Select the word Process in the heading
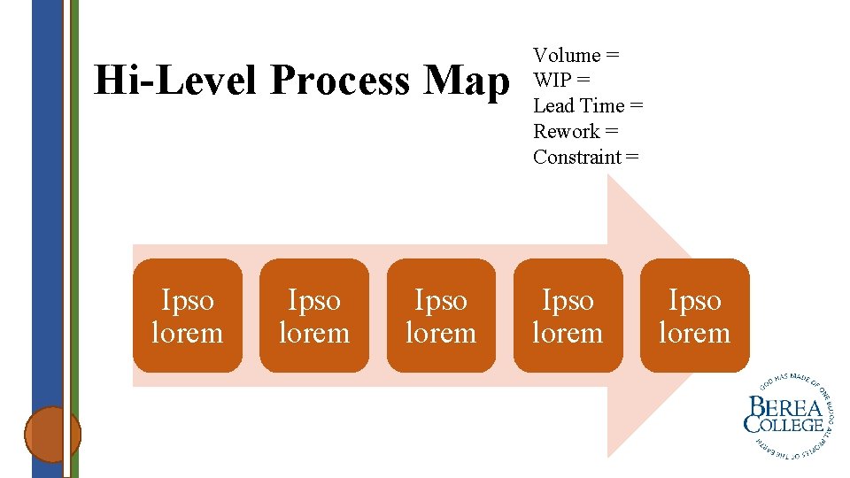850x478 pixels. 342,81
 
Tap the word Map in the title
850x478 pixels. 467,81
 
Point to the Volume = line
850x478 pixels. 576,56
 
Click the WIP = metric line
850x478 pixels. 562,81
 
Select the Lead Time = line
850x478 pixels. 588,106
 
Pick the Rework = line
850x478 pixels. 576,132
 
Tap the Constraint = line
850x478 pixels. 585,158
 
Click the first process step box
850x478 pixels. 187,316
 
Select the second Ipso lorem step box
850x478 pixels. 314,316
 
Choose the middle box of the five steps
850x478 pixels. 441,316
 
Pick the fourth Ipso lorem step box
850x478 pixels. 568,316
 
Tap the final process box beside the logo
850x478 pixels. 695,316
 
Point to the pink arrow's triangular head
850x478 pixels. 655,221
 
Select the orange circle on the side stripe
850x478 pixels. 52,434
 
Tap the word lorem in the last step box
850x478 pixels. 695,334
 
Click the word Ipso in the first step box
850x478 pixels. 187,301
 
